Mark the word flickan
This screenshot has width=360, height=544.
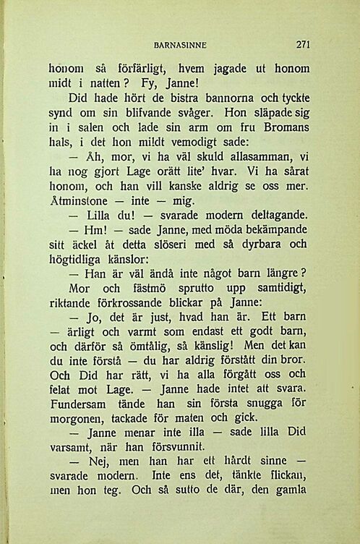288,498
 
